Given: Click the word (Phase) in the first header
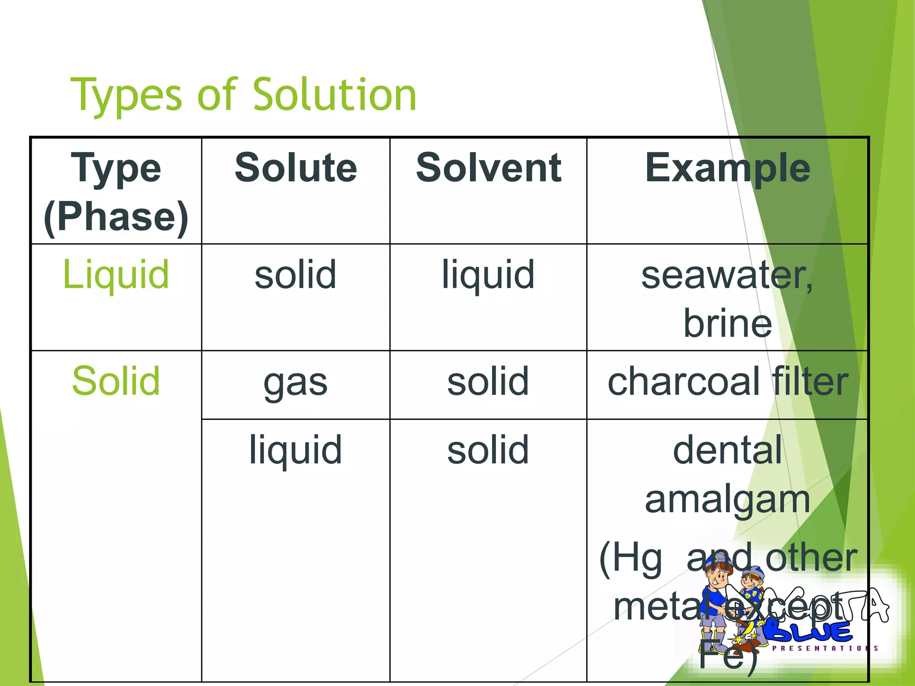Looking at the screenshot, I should point(116,217).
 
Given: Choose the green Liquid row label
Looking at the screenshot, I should point(116,274).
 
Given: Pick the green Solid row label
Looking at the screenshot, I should point(116,381).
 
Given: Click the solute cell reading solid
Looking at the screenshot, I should point(295,274).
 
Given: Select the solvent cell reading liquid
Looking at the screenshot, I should point(488,274).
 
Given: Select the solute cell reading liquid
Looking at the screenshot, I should point(295,450).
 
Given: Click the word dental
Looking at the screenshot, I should point(727,450).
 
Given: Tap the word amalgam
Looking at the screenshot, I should point(727,499).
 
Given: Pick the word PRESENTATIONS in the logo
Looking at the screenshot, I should point(825,648).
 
